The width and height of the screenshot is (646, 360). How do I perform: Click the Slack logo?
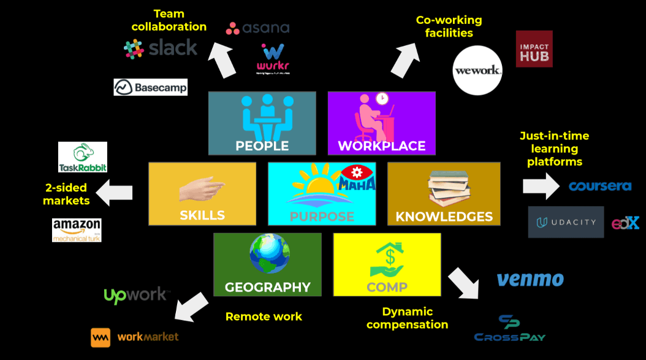click(161, 48)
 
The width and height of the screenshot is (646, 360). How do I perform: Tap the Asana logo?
click(257, 28)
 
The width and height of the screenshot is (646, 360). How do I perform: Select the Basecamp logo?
click(150, 87)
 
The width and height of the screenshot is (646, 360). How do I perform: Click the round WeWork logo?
click(477, 70)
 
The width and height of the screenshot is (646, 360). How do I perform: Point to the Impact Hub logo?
click(534, 49)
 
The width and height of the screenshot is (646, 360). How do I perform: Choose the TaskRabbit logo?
click(83, 158)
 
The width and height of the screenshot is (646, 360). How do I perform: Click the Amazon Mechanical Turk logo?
click(77, 230)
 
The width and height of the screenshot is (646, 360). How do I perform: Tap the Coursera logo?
click(599, 186)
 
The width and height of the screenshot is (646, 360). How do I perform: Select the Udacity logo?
click(566, 222)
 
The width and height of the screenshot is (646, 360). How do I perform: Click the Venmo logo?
click(530, 280)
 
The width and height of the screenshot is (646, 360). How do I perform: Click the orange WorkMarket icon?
click(101, 337)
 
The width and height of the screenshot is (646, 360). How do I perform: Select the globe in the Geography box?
click(269, 253)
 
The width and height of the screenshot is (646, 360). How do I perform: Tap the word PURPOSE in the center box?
click(322, 216)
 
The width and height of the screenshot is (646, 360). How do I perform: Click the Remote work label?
click(264, 316)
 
